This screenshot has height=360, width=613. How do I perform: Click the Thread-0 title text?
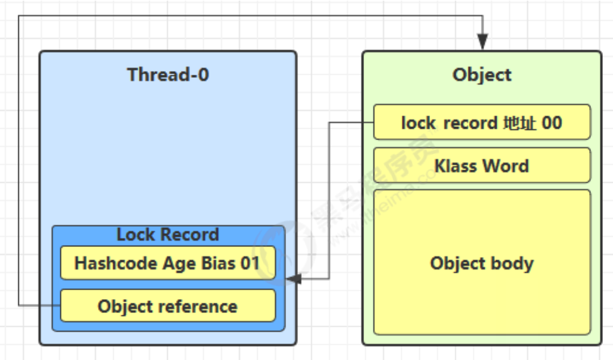tap(168, 74)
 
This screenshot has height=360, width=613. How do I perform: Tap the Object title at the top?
tap(482, 75)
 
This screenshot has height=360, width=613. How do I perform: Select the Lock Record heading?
tap(168, 234)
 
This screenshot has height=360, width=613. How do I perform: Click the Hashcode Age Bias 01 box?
tap(168, 263)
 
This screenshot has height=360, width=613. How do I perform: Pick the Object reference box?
tap(168, 306)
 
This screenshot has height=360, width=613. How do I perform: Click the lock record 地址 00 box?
tap(482, 123)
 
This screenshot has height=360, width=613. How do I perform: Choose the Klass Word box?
tap(482, 165)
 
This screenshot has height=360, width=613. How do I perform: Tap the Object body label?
tap(482, 263)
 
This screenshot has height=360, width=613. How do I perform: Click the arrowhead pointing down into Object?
tap(482, 41)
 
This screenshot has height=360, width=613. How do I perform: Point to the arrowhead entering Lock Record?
tap(294, 279)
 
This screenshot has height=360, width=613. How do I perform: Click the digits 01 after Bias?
tap(250, 263)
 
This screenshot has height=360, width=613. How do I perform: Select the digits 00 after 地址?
tap(551, 123)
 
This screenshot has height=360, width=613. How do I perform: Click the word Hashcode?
tap(116, 263)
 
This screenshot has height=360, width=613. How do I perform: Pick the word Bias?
tap(218, 263)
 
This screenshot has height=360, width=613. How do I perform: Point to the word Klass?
tap(456, 166)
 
